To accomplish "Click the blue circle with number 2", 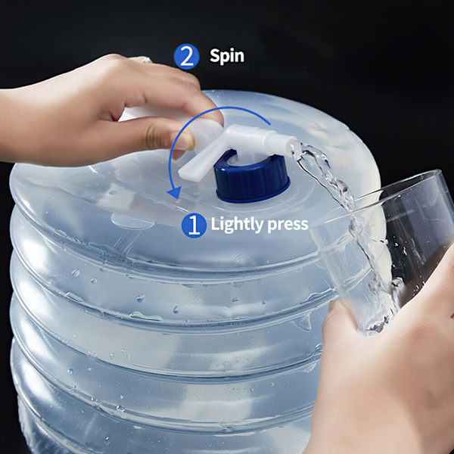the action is click(186, 57).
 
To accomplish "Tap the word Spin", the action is click(227, 56).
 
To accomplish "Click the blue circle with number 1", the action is click(194, 225).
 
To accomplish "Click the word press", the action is click(288, 225).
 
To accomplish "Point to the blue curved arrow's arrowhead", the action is click(175, 192).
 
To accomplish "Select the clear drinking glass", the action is click(385, 249).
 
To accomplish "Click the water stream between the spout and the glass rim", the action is click(327, 174).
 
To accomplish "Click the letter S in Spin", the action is click(215, 55).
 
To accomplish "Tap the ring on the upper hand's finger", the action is click(144, 60).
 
